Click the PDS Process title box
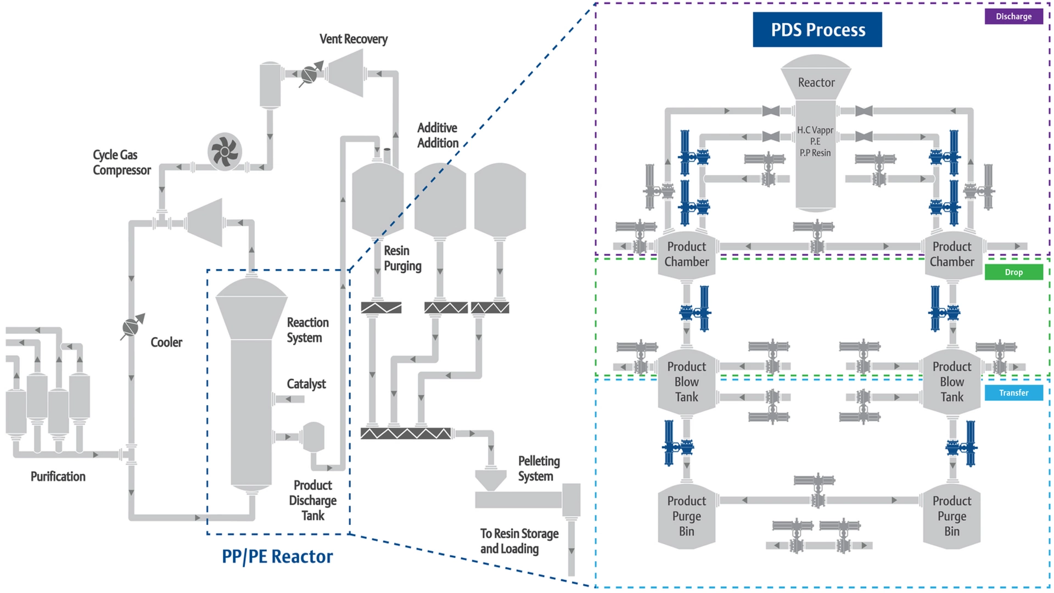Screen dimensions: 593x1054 (x=817, y=30)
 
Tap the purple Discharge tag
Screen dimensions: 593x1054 (x=1013, y=16)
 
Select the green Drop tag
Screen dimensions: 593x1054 (x=1013, y=272)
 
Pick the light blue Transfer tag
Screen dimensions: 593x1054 (x=1013, y=393)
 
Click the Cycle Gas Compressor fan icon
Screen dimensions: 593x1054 (x=225, y=152)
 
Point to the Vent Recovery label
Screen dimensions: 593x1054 (x=353, y=39)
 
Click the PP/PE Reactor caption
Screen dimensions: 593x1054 (x=277, y=556)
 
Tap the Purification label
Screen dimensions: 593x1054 (x=58, y=477)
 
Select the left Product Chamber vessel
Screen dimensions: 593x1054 (x=686, y=254)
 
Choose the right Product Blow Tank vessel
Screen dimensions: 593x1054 (x=951, y=382)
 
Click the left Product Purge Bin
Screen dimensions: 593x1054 (x=686, y=516)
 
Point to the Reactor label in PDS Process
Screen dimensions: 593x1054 (x=816, y=82)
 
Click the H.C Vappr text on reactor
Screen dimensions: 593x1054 (x=815, y=130)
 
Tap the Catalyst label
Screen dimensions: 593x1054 (x=306, y=384)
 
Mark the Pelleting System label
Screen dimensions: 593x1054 (x=539, y=468)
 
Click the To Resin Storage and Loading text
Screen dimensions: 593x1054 (x=519, y=541)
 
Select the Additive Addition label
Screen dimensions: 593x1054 (x=438, y=135)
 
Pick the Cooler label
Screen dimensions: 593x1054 (x=166, y=342)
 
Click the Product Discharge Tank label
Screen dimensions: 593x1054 (x=312, y=500)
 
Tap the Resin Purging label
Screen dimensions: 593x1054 (x=402, y=258)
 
